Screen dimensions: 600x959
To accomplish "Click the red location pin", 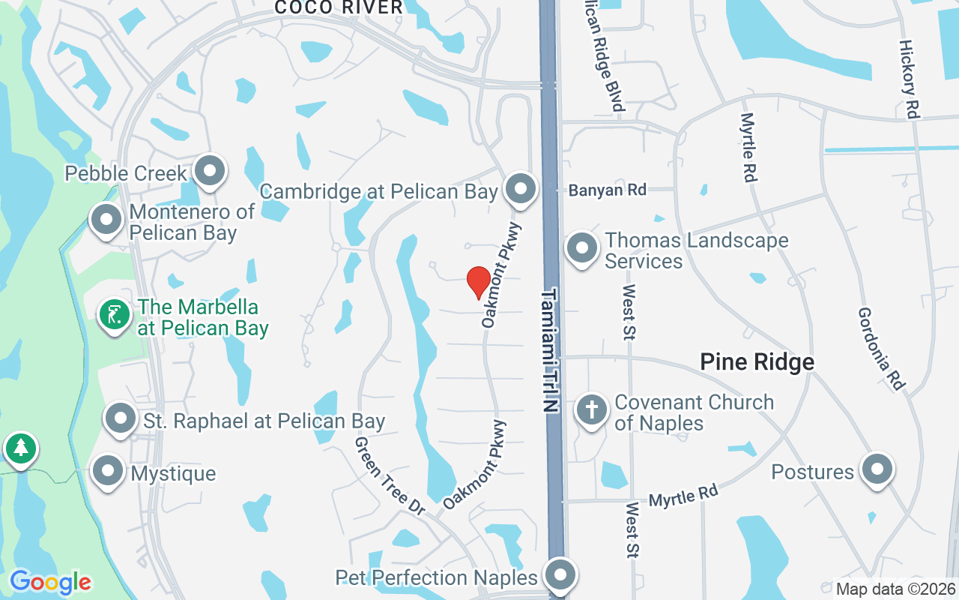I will coord(479,282).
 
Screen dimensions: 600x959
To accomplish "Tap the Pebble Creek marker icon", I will coord(210,172).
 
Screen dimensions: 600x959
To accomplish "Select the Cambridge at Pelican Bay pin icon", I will coord(520,190).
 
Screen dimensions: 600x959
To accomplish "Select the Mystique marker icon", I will coord(107,472).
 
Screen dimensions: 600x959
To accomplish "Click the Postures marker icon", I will coord(877,470).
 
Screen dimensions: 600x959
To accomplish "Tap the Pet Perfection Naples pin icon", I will coord(559,576).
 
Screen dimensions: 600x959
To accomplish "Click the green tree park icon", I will coord(21,448).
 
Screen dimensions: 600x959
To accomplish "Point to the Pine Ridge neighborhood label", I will coord(757,362).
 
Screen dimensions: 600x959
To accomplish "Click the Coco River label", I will coord(339,7).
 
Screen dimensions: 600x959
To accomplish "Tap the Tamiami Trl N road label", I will coord(551,349).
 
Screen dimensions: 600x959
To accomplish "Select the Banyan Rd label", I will coord(607,190).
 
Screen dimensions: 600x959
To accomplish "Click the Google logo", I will coord(50,582).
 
